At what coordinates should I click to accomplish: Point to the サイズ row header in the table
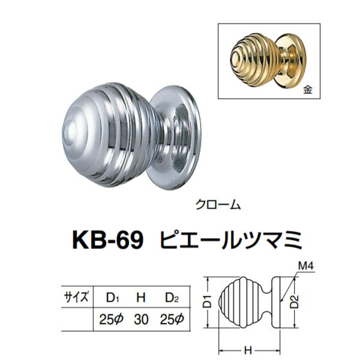click(x=76, y=296)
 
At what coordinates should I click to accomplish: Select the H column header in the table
click(x=140, y=296)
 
